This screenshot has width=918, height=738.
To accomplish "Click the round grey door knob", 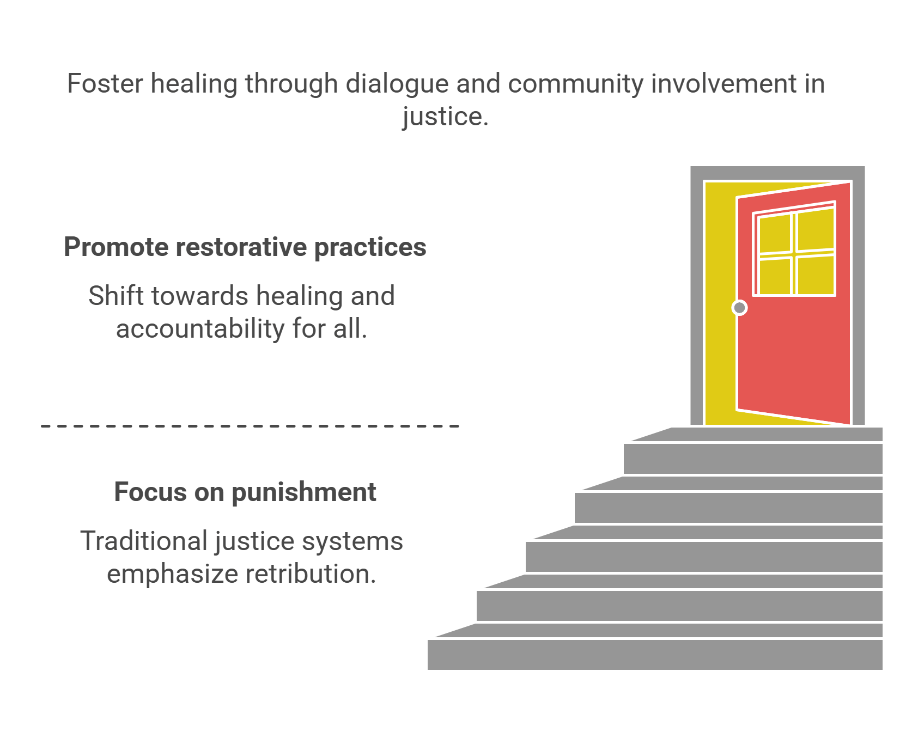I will (x=739, y=308).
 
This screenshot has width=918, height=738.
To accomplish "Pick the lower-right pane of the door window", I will (x=815, y=275).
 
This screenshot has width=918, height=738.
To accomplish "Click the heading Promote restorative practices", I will (x=245, y=247).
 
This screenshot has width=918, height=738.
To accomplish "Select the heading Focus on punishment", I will (x=245, y=492).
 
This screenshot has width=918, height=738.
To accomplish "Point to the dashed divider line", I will (x=250, y=426).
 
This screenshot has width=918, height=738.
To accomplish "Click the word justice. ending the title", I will (x=445, y=117).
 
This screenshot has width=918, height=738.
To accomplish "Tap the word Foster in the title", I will (x=105, y=84).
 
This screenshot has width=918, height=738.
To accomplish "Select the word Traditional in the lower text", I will (x=144, y=541).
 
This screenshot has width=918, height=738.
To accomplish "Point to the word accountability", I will (x=200, y=329).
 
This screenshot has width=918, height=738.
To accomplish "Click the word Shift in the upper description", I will (x=115, y=296).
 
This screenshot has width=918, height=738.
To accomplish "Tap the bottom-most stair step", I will (x=654, y=655).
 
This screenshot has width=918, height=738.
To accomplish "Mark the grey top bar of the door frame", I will (x=777, y=173).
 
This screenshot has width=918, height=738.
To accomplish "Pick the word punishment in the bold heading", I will (x=304, y=492).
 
